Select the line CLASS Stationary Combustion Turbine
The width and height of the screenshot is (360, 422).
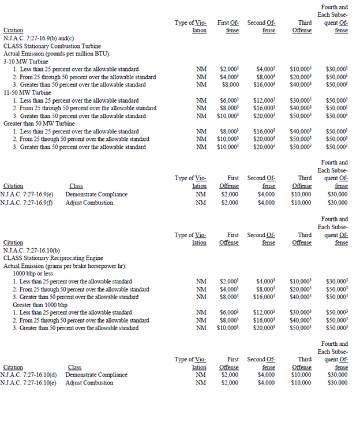pos(52,45)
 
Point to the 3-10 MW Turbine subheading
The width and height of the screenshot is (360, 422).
pos(26,61)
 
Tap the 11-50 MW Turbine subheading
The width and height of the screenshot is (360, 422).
pos(28,92)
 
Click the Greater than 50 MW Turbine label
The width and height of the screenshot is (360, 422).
pos(39,124)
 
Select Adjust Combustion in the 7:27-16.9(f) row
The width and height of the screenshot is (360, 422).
pos(89,203)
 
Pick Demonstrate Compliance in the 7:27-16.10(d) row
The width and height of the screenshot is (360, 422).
pos(96,375)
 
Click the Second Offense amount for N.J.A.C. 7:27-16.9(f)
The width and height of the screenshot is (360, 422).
pos(266,203)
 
